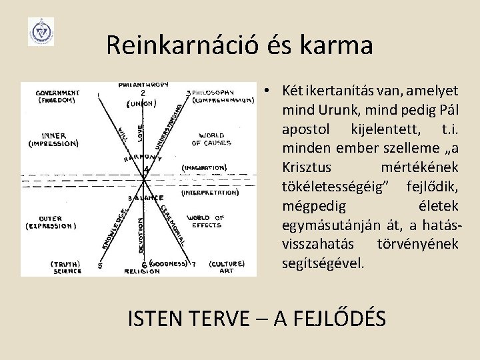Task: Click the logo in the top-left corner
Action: pyautogui.click(x=41, y=31)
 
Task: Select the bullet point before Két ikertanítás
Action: pyautogui.click(x=265, y=89)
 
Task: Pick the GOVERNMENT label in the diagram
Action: pyautogui.click(x=58, y=93)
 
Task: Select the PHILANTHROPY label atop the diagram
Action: pyautogui.click(x=143, y=85)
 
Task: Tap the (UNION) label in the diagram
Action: pyautogui.click(x=141, y=103)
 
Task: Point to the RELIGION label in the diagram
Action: pyautogui.click(x=142, y=272)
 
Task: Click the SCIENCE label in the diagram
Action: pyautogui.click(x=67, y=271)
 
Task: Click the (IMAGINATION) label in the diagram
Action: pyautogui.click(x=204, y=167)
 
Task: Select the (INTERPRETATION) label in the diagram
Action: pyautogui.click(x=209, y=193)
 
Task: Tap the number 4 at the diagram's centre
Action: pyautogui.click(x=146, y=171)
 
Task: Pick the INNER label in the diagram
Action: pyautogui.click(x=54, y=135)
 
